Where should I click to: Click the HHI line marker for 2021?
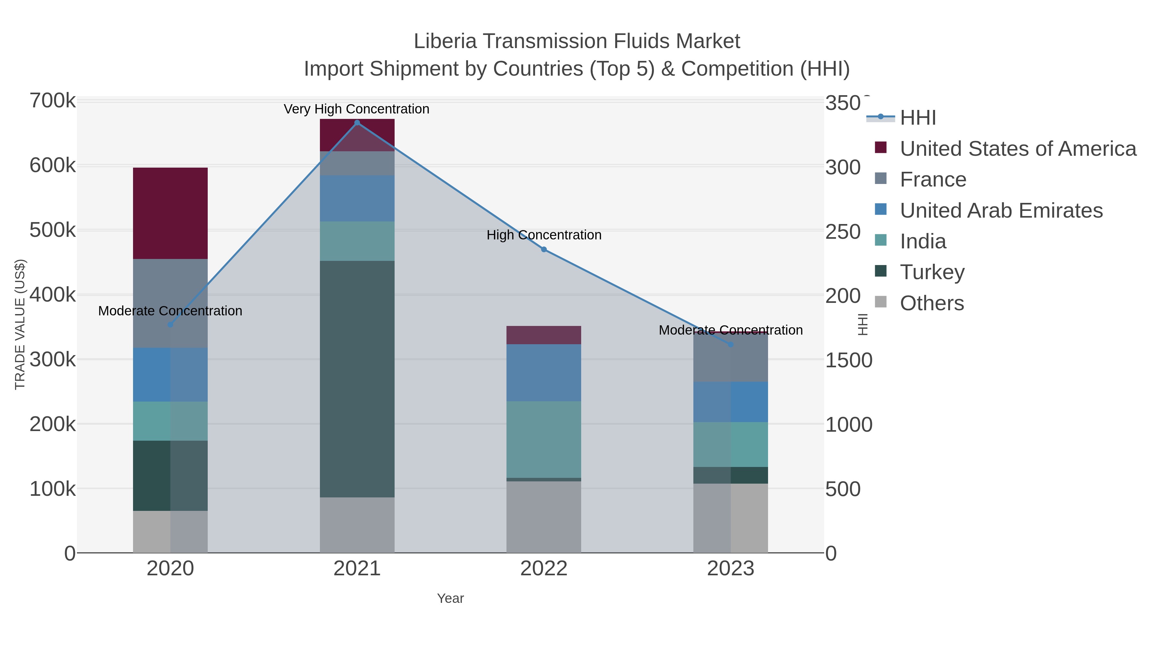(x=357, y=123)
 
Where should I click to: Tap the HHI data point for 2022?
(x=544, y=249)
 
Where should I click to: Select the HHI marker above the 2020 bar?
(x=170, y=325)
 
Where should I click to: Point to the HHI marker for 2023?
(x=731, y=345)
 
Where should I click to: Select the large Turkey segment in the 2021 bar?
(x=357, y=379)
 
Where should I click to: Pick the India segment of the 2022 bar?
(x=544, y=439)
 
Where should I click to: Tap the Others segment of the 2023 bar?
(x=731, y=518)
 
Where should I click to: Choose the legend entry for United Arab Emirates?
(x=1001, y=211)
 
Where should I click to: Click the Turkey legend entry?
(x=932, y=272)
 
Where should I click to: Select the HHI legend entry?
(x=917, y=118)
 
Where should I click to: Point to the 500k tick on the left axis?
(x=53, y=231)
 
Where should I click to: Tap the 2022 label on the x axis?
(x=544, y=569)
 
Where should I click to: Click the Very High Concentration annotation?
(x=356, y=109)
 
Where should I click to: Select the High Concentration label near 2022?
(x=544, y=235)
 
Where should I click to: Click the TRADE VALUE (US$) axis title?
(x=20, y=324)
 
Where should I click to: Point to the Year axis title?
(x=450, y=598)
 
